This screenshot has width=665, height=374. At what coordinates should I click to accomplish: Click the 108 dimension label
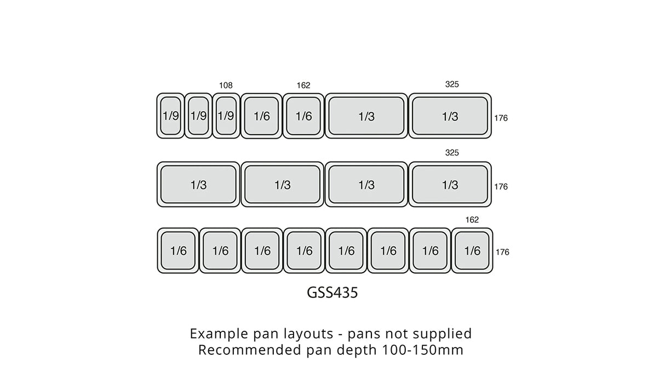click(226, 85)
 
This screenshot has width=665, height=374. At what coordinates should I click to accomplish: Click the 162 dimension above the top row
click(303, 85)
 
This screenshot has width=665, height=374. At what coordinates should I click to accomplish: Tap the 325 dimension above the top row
click(452, 84)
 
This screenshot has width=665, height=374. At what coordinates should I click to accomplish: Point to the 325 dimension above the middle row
click(452, 153)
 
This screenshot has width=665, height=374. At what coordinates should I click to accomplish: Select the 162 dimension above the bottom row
click(472, 220)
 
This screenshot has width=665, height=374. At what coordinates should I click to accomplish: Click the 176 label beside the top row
click(501, 118)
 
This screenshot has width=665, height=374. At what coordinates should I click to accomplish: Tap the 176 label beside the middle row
click(501, 187)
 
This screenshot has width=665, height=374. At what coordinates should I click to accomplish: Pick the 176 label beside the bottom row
click(502, 252)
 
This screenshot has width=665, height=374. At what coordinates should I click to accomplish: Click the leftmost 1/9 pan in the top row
click(170, 116)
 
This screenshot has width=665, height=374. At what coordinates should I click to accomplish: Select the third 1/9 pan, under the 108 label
click(226, 116)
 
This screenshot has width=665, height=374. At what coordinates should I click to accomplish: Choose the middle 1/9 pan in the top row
click(198, 116)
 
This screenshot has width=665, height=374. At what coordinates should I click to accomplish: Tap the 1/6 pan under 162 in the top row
click(303, 116)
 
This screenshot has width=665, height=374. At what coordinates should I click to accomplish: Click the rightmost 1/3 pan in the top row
click(450, 116)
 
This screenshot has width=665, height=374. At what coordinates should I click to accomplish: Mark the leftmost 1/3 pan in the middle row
click(198, 185)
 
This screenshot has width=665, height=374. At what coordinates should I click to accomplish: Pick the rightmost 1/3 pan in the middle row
click(450, 185)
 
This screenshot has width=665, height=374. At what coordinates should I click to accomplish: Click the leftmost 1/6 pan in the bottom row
click(178, 251)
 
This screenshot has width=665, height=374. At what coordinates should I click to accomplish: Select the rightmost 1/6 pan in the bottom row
click(472, 251)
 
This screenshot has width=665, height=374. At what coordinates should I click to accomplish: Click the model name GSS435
click(332, 293)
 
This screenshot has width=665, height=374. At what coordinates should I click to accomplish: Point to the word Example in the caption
click(214, 333)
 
